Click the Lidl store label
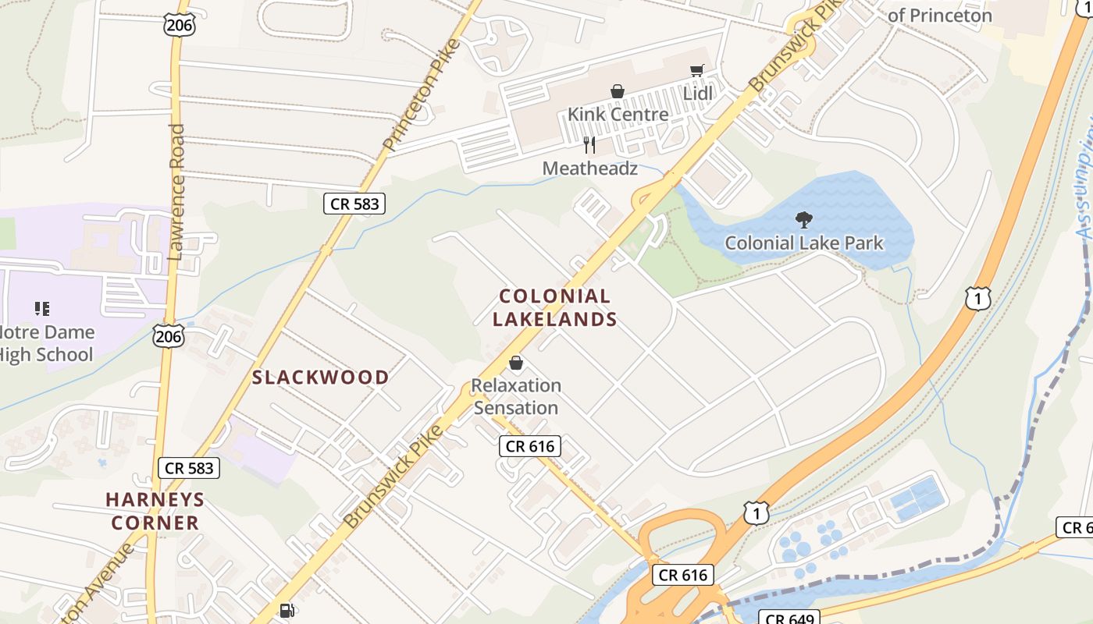click(698, 94)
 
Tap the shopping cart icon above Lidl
click(697, 71)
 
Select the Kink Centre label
click(618, 115)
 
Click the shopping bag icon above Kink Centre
click(618, 91)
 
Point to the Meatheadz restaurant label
click(589, 168)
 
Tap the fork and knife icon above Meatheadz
click(589, 145)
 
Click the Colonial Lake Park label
click(804, 243)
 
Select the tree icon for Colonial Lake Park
click(803, 220)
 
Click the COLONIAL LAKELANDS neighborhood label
click(555, 307)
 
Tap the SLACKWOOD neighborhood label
click(320, 378)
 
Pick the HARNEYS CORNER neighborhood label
click(155, 511)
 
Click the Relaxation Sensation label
click(516, 396)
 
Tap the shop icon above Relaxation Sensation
click(516, 363)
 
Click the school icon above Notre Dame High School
click(42, 309)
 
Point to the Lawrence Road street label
click(176, 192)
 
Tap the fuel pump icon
click(287, 610)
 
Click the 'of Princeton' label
click(940, 15)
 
